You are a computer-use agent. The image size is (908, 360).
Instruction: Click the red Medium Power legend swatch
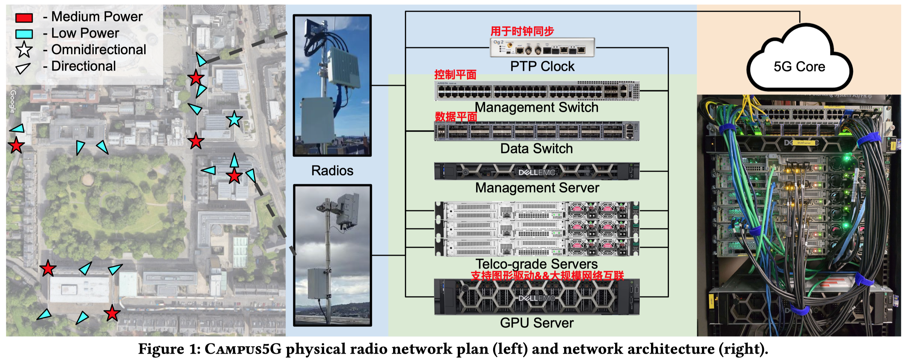tap(24, 18)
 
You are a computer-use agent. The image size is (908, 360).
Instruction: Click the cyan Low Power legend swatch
tap(24, 34)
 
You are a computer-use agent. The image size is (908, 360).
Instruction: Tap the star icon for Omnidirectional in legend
tap(24, 50)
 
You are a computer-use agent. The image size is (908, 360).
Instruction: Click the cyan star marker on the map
tap(234, 119)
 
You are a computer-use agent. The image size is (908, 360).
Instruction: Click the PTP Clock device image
tap(542, 48)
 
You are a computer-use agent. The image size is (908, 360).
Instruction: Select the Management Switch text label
tap(536, 107)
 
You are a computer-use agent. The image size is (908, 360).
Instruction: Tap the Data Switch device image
tap(536, 131)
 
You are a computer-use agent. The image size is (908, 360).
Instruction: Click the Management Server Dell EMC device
tap(536, 171)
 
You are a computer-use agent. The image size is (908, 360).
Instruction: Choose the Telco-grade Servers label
tap(536, 264)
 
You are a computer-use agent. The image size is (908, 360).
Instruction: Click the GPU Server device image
tap(536, 297)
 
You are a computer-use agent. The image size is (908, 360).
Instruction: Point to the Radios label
tap(332, 171)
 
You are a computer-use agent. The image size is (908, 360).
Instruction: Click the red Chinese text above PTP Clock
tap(522, 32)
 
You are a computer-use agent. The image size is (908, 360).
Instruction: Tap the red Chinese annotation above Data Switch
tap(456, 116)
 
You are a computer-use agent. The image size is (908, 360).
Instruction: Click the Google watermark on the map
tap(13, 102)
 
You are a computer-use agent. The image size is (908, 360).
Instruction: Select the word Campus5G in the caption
tap(243, 349)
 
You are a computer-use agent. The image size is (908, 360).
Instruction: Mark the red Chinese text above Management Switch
tap(455, 75)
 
